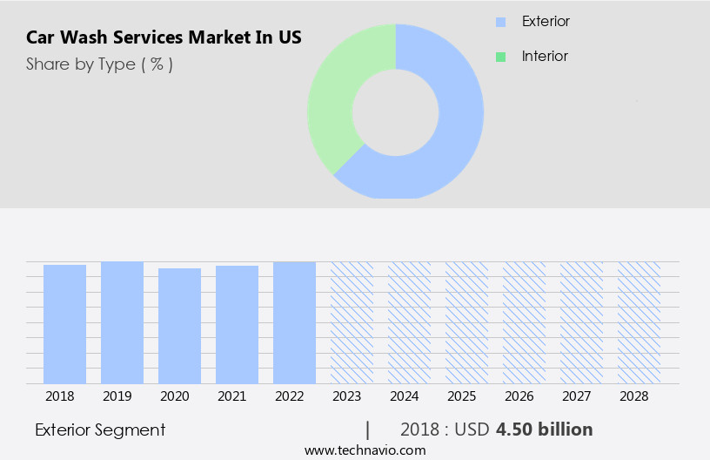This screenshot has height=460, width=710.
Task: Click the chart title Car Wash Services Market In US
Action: (164, 38)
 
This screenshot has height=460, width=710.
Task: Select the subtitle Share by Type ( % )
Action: (99, 64)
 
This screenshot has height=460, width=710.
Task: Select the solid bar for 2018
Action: (64, 324)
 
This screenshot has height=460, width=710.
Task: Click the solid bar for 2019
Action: (122, 322)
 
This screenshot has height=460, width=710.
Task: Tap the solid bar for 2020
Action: (179, 326)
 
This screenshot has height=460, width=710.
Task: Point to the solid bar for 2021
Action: (237, 324)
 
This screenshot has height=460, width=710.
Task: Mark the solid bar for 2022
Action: (294, 322)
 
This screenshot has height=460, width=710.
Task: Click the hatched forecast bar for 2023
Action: (352, 322)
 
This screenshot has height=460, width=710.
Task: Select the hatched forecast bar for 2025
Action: (466, 322)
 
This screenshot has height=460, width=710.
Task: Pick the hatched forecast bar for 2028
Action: (639, 322)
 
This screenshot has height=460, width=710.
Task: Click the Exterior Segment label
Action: (100, 430)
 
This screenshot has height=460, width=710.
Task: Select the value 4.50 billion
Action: (545, 430)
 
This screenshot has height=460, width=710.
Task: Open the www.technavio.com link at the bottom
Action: (365, 450)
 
